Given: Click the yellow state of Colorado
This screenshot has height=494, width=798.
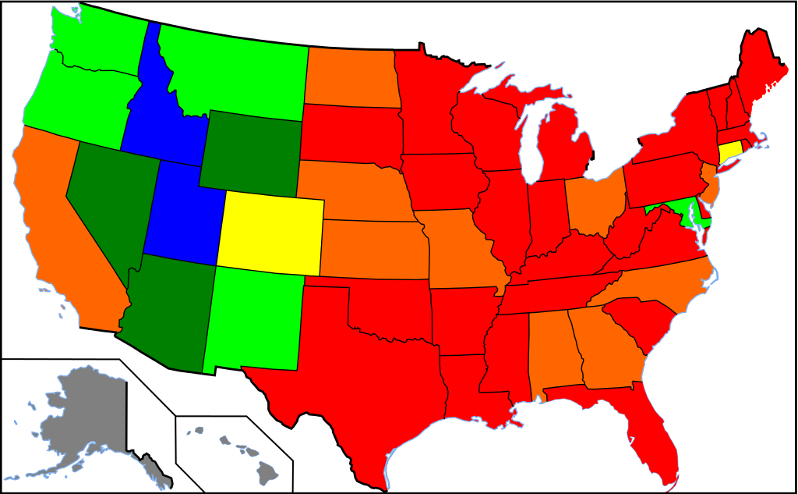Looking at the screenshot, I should pyautogui.click(x=270, y=233).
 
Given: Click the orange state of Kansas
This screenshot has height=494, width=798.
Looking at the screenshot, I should pyautogui.click(x=374, y=248).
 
